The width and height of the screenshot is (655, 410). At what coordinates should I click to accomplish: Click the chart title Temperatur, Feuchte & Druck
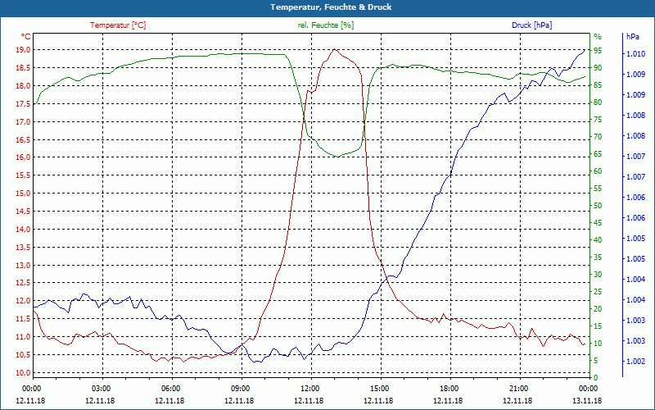[327, 7]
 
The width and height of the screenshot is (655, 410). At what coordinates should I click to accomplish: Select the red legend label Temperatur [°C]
[118, 25]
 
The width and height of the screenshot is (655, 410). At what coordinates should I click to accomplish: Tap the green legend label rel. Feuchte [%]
[326, 25]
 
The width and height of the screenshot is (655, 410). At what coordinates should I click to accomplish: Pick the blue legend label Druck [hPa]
[531, 25]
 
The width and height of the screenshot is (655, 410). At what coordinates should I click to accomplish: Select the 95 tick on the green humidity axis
[598, 50]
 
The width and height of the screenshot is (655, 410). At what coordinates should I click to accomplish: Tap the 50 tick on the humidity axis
[598, 205]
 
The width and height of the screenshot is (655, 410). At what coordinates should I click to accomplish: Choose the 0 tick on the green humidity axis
[596, 377]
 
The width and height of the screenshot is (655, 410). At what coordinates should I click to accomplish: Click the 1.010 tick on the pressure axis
[635, 54]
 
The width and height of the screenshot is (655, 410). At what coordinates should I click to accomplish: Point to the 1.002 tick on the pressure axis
[635, 362]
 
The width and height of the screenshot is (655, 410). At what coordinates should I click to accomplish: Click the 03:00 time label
[102, 388]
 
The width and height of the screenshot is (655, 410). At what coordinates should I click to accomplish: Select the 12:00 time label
[310, 388]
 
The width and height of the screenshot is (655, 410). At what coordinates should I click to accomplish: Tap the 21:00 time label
[519, 388]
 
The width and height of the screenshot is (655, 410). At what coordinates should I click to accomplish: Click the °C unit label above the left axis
[25, 37]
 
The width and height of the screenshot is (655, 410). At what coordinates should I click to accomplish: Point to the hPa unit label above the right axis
[633, 37]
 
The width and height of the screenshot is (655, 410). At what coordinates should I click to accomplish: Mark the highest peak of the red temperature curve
[334, 49]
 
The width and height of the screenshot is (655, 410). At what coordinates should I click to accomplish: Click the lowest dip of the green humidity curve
[336, 156]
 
